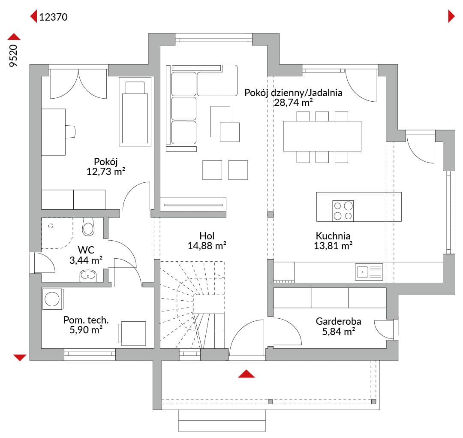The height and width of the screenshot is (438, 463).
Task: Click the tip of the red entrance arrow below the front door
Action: (246, 370)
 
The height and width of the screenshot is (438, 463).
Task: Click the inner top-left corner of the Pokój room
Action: (42, 76)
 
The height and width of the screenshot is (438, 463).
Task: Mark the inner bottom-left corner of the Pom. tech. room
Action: (42, 348)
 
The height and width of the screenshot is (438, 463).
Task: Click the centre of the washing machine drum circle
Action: (52, 299)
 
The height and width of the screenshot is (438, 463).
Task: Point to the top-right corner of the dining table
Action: (361, 121)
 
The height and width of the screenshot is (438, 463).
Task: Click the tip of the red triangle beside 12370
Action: (30, 16)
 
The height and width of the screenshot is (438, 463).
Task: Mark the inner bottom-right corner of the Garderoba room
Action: (387, 348)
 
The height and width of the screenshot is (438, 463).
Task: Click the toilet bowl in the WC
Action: (88, 227)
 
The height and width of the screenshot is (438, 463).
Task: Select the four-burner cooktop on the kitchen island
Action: (343, 211)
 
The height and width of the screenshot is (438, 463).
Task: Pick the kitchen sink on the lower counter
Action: (369, 272)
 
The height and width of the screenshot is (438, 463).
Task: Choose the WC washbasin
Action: (88, 276)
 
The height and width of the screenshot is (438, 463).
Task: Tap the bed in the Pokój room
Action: (135, 112)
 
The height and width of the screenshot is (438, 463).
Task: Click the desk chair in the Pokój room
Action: (70, 132)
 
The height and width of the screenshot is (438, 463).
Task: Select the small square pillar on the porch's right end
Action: (373, 402)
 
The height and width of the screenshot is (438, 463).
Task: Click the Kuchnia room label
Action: (333, 236)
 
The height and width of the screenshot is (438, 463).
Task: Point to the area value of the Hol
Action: (207, 246)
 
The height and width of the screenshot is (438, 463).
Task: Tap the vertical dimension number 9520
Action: (14, 56)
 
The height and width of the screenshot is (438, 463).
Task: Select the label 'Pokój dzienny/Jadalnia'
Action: (293, 93)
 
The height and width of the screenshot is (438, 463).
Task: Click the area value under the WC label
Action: (86, 260)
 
